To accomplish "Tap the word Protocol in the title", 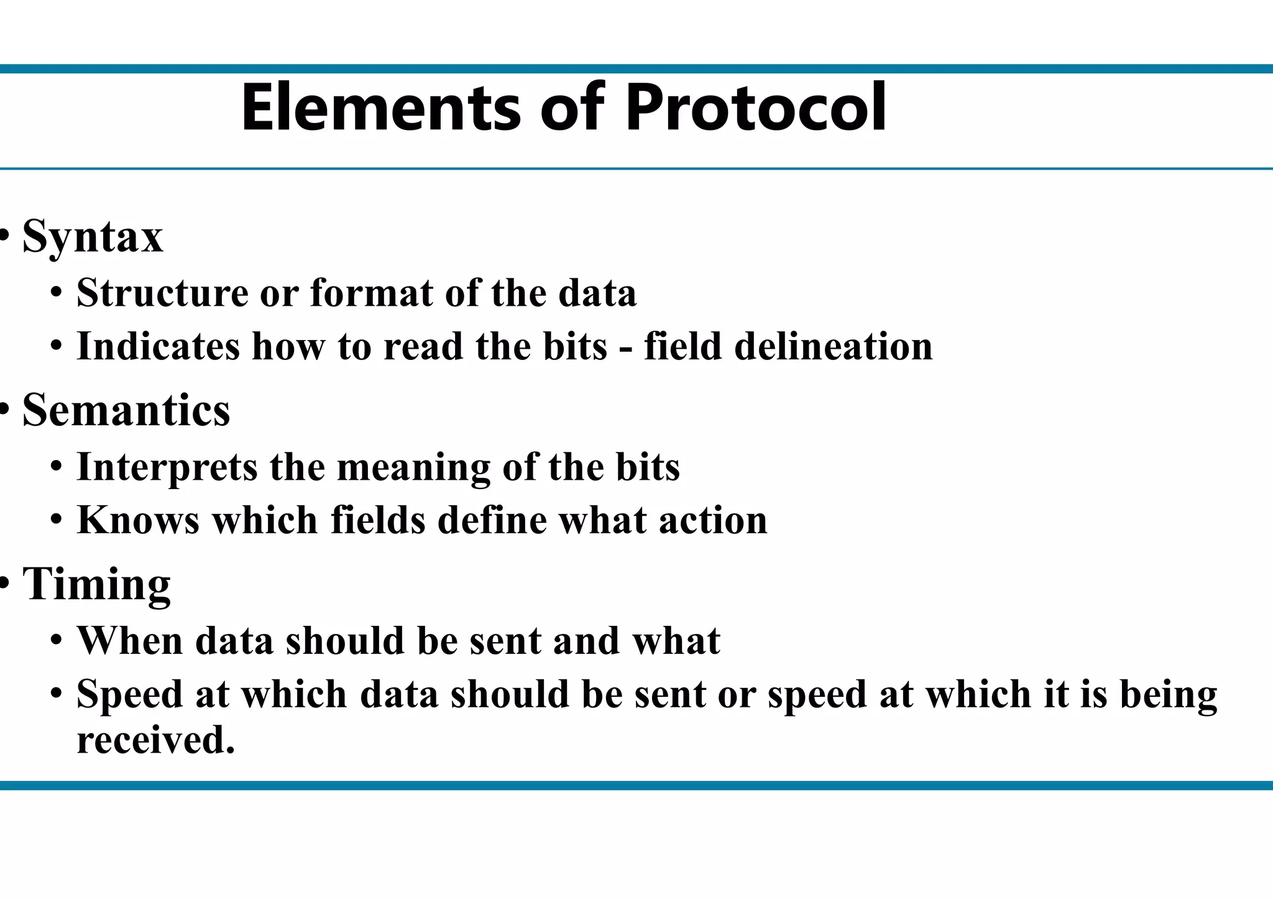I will (756, 108).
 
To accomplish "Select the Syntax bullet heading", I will (93, 237).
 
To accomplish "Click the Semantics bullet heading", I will (126, 410).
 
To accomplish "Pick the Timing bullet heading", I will (96, 584).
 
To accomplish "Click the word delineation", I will (834, 346).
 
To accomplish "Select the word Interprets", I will (167, 467).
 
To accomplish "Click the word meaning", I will (413, 468).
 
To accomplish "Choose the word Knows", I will (138, 520).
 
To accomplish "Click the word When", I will (129, 640).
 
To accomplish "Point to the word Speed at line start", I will (129, 694).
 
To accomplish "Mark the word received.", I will (155, 740).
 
